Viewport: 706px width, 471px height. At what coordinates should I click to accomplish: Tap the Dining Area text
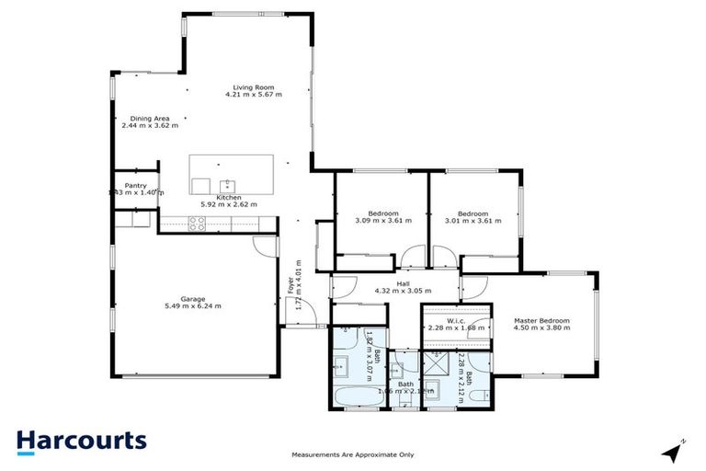[x=148, y=118]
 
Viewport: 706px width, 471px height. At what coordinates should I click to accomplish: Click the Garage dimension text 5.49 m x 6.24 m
[x=193, y=305]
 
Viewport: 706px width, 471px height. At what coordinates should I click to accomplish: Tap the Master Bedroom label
[x=541, y=320]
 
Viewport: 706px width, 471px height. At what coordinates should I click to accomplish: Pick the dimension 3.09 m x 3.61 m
[x=383, y=221]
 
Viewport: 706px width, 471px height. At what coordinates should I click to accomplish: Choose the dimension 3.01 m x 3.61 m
[x=474, y=221]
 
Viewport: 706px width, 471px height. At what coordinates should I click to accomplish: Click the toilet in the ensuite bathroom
[x=478, y=396]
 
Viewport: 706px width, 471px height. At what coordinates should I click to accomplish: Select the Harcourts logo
[x=81, y=440]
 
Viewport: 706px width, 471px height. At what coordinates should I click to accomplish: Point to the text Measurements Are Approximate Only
[x=353, y=454]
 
